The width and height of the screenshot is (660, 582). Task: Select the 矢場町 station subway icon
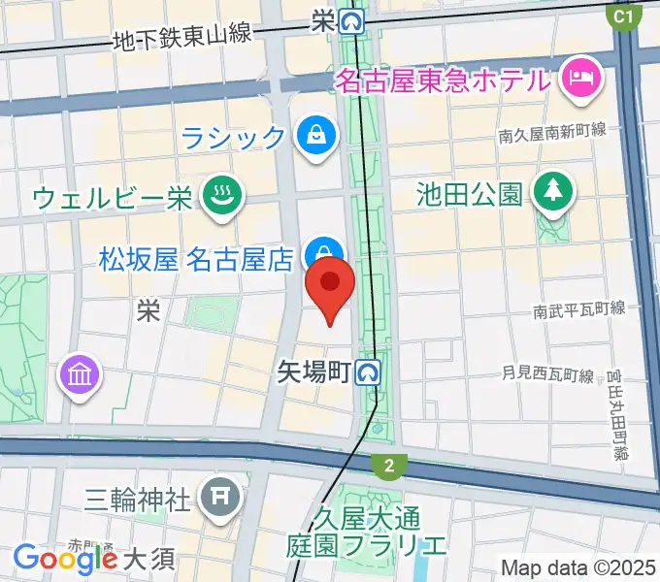[x=367, y=371]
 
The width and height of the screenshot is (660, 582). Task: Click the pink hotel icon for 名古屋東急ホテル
[x=582, y=78]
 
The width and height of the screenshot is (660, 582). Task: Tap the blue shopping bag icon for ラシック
[x=316, y=135]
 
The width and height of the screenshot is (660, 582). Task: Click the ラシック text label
[x=234, y=136]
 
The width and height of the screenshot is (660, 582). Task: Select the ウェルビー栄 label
[x=113, y=198]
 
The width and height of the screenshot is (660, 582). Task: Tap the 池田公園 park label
[x=469, y=193]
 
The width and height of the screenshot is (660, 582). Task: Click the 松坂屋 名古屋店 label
[x=196, y=259]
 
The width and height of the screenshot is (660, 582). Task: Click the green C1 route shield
[x=623, y=16]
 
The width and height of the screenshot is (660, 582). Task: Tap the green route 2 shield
[x=389, y=467]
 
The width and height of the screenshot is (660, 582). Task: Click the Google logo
[x=65, y=558]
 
